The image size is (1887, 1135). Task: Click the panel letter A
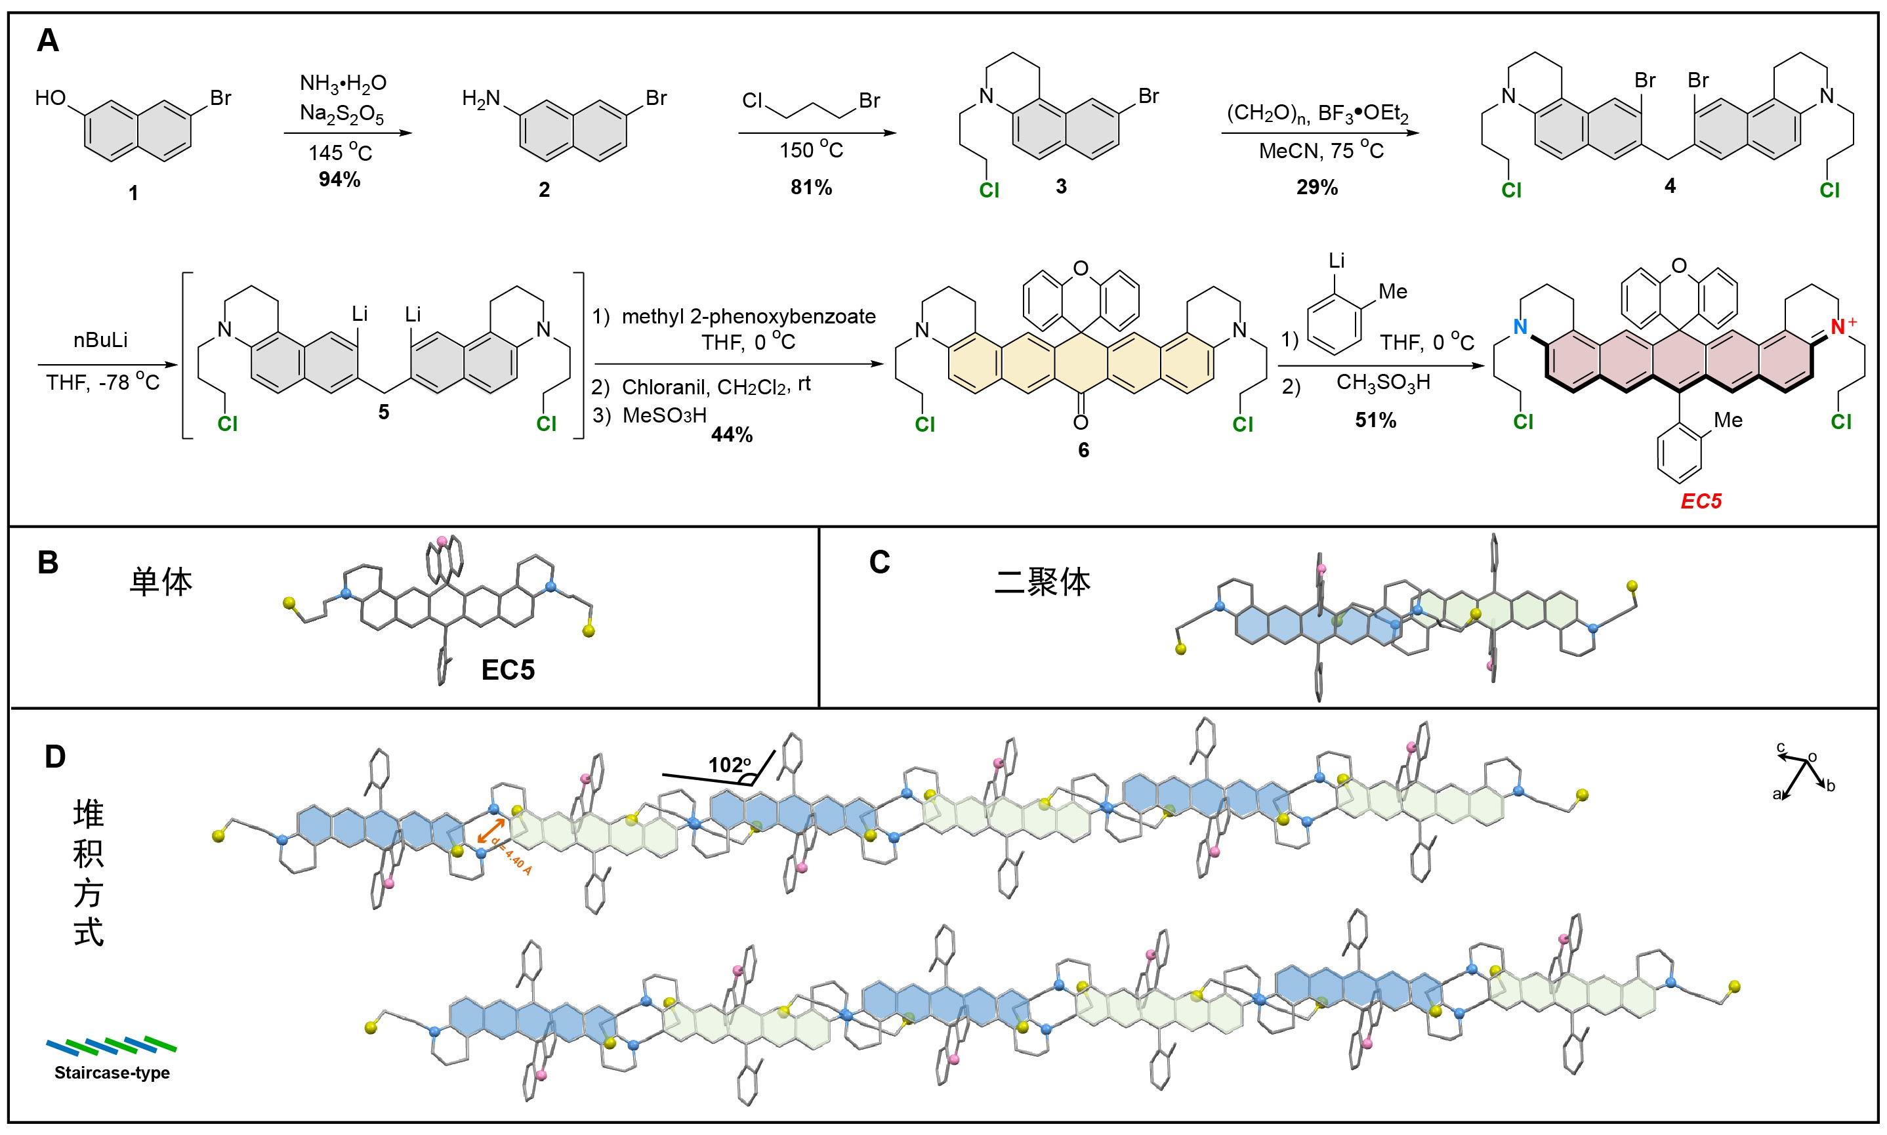click(x=47, y=40)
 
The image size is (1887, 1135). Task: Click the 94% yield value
click(x=340, y=180)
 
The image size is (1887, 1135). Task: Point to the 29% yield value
click(x=1316, y=188)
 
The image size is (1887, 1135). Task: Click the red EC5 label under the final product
click(x=1701, y=502)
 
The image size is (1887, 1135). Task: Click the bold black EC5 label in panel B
click(x=508, y=670)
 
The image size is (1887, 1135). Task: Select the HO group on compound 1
click(x=51, y=98)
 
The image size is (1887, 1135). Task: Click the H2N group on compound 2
click(x=481, y=98)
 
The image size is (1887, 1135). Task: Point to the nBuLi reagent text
click(x=101, y=340)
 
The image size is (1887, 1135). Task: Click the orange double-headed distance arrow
click(x=489, y=831)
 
